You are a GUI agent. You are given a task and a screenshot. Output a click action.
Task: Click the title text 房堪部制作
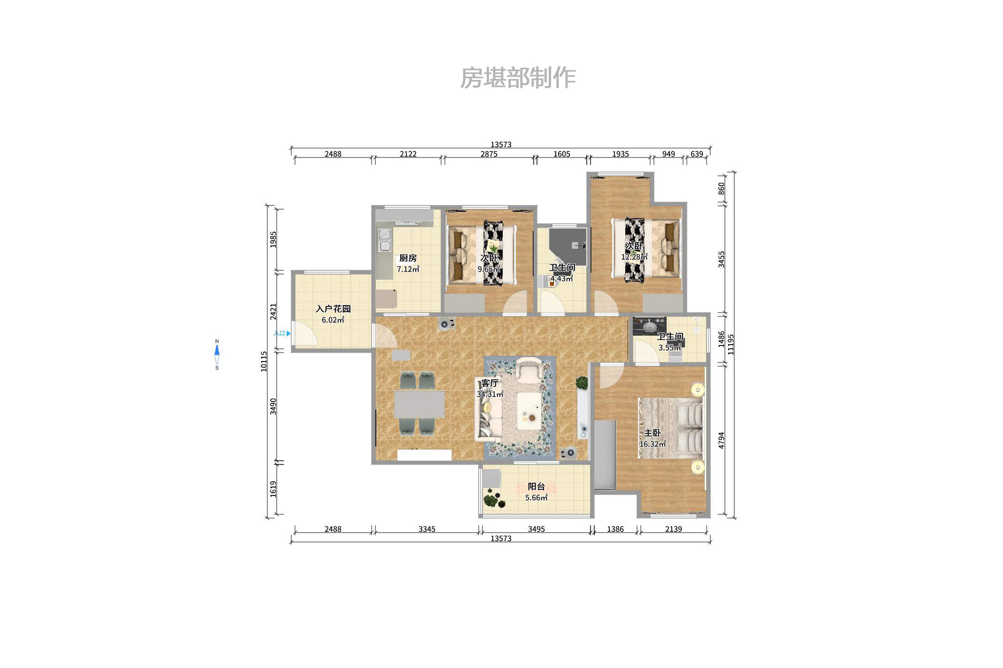pos(517,78)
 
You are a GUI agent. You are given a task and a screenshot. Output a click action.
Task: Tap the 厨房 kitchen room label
pos(408,258)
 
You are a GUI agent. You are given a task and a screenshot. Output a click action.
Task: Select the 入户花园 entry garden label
pos(333,309)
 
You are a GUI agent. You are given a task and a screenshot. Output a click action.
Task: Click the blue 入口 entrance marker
pos(282,333)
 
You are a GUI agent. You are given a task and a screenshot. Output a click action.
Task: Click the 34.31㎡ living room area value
pos(490,394)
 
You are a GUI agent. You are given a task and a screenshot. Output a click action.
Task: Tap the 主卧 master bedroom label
pos(652,433)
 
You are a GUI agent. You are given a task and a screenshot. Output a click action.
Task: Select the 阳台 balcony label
pos(536,487)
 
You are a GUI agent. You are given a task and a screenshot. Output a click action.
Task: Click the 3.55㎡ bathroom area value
pos(669,348)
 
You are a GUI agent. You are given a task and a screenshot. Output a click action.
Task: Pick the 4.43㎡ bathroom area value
pos(562,279)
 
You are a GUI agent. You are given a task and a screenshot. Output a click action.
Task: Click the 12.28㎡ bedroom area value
pos(634,257)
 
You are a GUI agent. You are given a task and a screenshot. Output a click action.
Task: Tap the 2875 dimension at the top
pos(489,154)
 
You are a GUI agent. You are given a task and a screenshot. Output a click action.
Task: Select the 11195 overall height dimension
pos(731,344)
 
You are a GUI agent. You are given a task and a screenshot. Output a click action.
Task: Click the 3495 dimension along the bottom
pos(536,529)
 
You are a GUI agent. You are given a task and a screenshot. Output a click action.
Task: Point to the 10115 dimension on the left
pos(264,361)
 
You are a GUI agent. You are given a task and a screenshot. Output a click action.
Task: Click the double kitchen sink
pos(385,240)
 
